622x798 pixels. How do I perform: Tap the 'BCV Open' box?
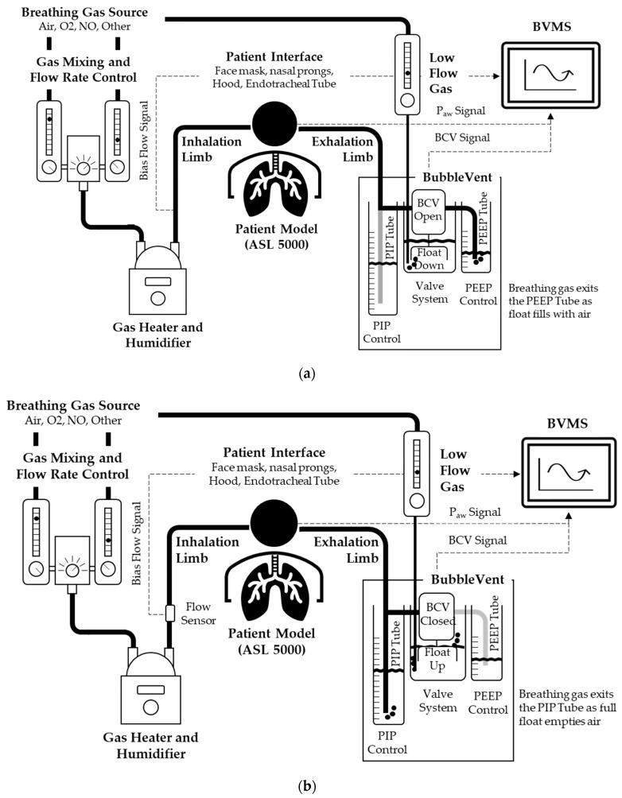point(427,208)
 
